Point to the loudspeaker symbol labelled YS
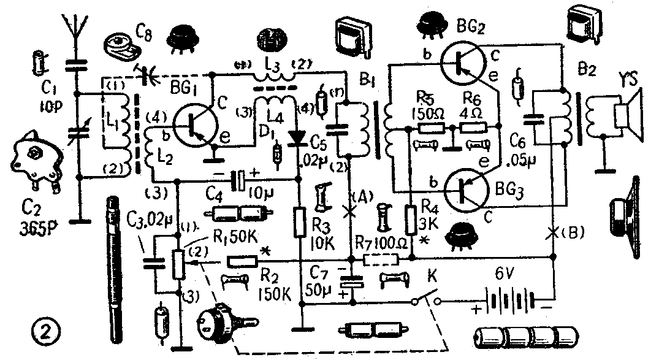tap(625, 114)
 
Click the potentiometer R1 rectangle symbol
tap(178, 262)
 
